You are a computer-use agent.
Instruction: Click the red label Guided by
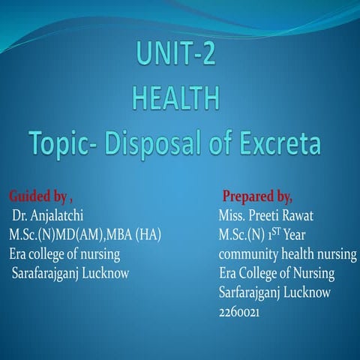[37, 197]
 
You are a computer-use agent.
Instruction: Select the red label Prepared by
[256, 197]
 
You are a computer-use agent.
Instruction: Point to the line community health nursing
[283, 254]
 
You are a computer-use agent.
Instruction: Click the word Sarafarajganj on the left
[44, 273]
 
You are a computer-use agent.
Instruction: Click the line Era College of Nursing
[277, 273]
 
